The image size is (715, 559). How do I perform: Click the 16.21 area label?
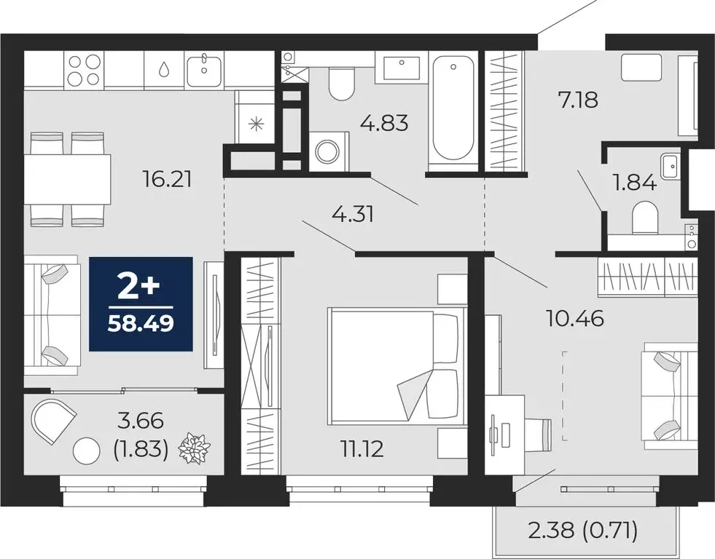[168, 178]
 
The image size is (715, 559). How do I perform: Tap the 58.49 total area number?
[141, 322]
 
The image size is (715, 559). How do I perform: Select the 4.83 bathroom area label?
[384, 122]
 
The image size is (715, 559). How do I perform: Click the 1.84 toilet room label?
[635, 182]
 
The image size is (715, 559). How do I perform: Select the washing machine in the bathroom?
[325, 149]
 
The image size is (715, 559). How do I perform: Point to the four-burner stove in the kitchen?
[83, 71]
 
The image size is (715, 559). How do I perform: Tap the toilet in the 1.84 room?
[645, 218]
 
